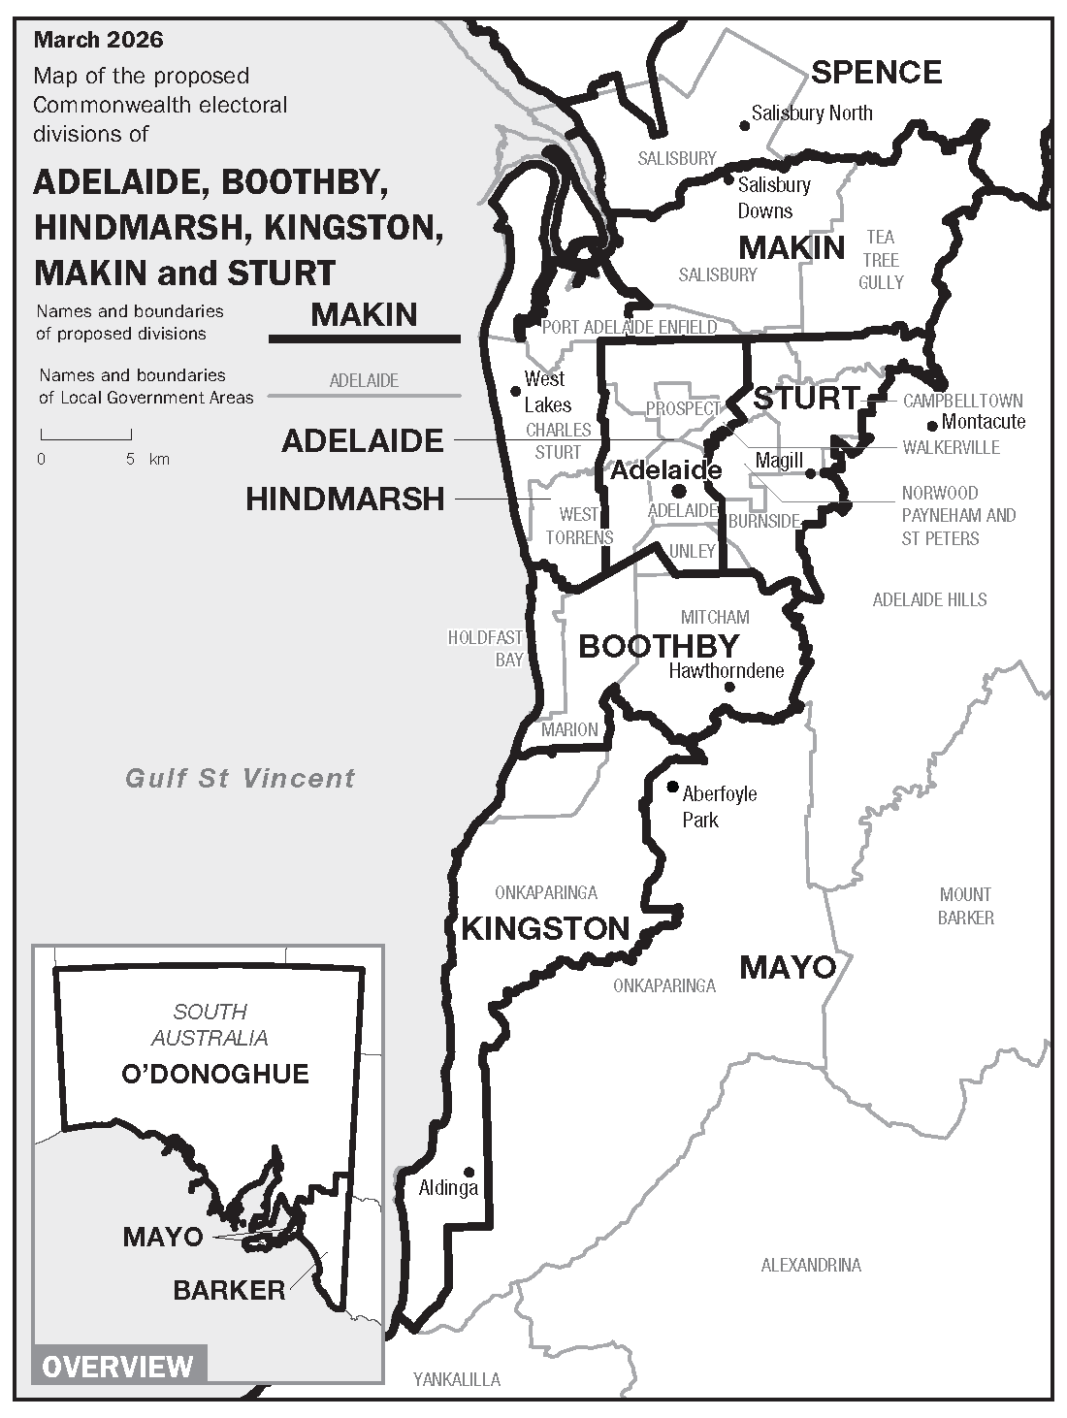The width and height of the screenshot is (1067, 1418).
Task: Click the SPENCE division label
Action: pyautogui.click(x=876, y=72)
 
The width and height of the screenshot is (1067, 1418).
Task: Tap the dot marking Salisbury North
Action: pyautogui.click(x=745, y=125)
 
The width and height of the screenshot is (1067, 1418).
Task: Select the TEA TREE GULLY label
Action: pyautogui.click(x=881, y=260)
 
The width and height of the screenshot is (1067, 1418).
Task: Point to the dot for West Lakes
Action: pyautogui.click(x=516, y=391)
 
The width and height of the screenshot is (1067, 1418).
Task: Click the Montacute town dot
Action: pyautogui.click(x=932, y=425)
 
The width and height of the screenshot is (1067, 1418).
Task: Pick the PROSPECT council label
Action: pyautogui.click(x=683, y=408)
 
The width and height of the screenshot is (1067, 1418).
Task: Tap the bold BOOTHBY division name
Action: pyautogui.click(x=659, y=646)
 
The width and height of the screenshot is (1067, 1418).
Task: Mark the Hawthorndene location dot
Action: pyautogui.click(x=729, y=687)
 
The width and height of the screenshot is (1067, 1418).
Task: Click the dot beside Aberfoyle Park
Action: pyautogui.click(x=673, y=787)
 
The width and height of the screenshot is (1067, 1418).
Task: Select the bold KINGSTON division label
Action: pyautogui.click(x=545, y=928)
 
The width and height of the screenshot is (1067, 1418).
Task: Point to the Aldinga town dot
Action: pyautogui.click(x=469, y=1172)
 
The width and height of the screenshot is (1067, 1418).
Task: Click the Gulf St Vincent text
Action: pyautogui.click(x=241, y=778)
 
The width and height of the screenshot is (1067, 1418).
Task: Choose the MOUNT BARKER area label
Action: pyautogui.click(x=965, y=905)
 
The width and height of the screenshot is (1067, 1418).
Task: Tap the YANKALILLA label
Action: pyautogui.click(x=457, y=1379)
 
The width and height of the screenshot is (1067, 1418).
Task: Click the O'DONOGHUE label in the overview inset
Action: pyautogui.click(x=214, y=1074)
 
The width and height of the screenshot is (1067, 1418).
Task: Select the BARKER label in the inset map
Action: pyautogui.click(x=229, y=1290)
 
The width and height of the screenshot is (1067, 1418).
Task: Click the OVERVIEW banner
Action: pyautogui.click(x=118, y=1367)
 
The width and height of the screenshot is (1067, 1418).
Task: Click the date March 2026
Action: pyautogui.click(x=98, y=40)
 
